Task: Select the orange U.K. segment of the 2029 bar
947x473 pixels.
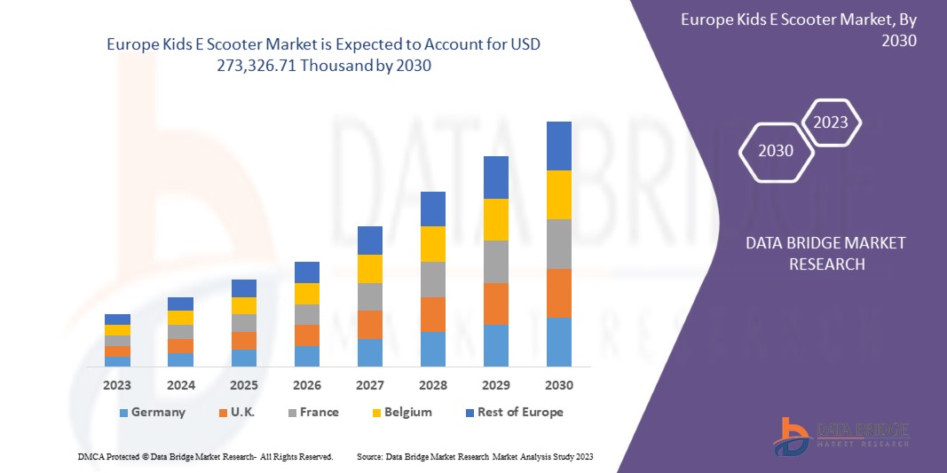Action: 495,304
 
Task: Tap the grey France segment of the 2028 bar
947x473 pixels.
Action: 432,279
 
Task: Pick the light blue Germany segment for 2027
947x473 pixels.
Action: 369,352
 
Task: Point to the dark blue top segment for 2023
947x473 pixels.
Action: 117,319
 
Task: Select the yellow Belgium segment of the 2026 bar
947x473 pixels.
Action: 306,294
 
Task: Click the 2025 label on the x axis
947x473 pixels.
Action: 243,386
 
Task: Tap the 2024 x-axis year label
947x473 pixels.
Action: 180,386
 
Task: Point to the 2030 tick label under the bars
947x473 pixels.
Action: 558,386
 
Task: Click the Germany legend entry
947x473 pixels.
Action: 151,412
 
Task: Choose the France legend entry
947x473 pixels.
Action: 311,412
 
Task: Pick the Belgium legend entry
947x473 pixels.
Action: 400,412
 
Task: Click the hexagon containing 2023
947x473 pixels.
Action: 831,123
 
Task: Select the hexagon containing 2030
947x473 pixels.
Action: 776,151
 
